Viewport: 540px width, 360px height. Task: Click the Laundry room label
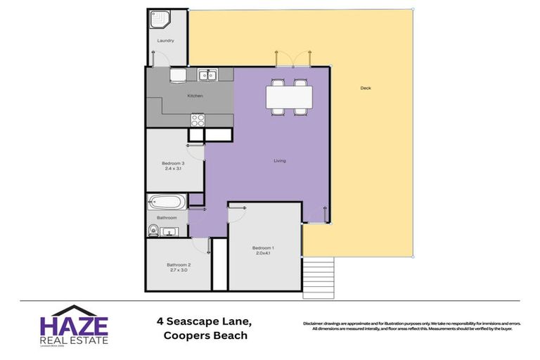(165, 41)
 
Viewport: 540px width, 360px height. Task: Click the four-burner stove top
(198, 120)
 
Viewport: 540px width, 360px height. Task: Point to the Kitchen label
(195, 96)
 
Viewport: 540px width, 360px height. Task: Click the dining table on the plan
(288, 97)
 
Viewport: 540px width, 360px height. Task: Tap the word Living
(280, 161)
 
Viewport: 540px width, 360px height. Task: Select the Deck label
(365, 88)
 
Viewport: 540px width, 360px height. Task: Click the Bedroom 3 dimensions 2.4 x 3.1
(173, 169)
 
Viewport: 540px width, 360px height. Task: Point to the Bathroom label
(167, 218)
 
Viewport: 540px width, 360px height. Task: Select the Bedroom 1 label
(264, 247)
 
